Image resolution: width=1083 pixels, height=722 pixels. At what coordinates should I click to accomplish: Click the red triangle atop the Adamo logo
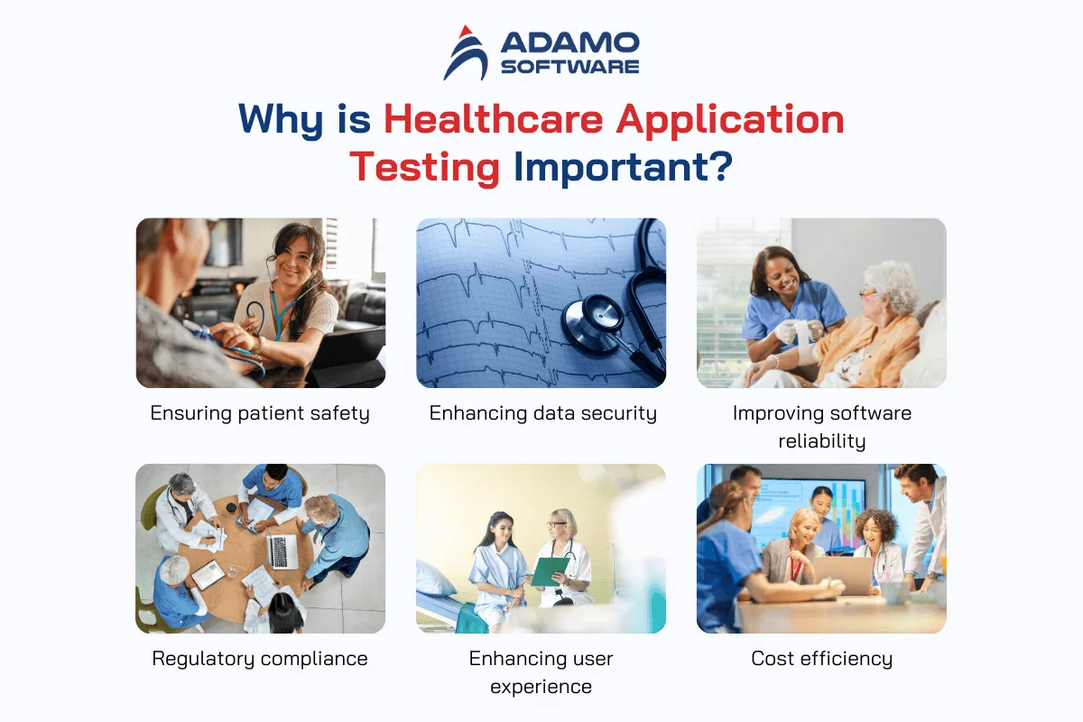coord(465,32)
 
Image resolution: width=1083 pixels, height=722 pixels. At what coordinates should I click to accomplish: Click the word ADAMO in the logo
coord(570,43)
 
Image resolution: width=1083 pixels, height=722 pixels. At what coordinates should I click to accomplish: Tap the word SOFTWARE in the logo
coord(570,67)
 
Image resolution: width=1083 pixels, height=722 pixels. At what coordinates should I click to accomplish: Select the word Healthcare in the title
coord(493,119)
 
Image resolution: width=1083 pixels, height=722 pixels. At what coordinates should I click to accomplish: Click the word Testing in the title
coord(424,167)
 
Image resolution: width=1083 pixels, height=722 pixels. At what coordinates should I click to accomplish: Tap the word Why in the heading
coord(281,120)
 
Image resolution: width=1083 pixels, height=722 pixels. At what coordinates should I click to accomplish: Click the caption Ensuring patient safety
coord(260,414)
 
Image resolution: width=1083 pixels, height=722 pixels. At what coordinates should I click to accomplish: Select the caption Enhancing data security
coord(543,414)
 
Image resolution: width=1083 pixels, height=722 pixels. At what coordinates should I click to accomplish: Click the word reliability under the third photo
coord(822,441)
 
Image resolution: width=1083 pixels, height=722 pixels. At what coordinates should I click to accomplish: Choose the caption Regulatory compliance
coord(260,659)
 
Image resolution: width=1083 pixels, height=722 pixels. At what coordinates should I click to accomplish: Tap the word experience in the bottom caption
coord(541,687)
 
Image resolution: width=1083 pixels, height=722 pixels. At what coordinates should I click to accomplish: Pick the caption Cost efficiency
coord(822,659)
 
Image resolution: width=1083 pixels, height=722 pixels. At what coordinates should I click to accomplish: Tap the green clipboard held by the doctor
coord(550,571)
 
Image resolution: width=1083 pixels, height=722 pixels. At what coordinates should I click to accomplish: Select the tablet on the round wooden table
coord(208,575)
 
